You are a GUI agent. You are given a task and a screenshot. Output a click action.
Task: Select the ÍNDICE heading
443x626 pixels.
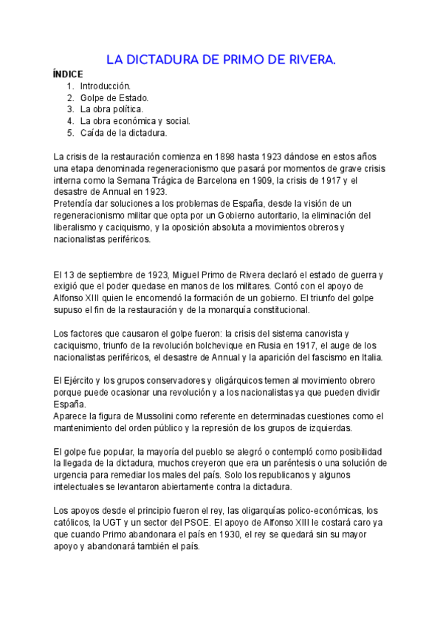[68, 74]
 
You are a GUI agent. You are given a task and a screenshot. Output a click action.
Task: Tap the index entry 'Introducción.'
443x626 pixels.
[106, 86]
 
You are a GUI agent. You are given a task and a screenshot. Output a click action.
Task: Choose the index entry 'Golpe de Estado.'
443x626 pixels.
[114, 97]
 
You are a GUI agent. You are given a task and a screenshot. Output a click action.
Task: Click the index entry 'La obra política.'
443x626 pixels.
[111, 109]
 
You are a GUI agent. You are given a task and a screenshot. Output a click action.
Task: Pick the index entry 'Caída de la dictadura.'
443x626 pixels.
[123, 133]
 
